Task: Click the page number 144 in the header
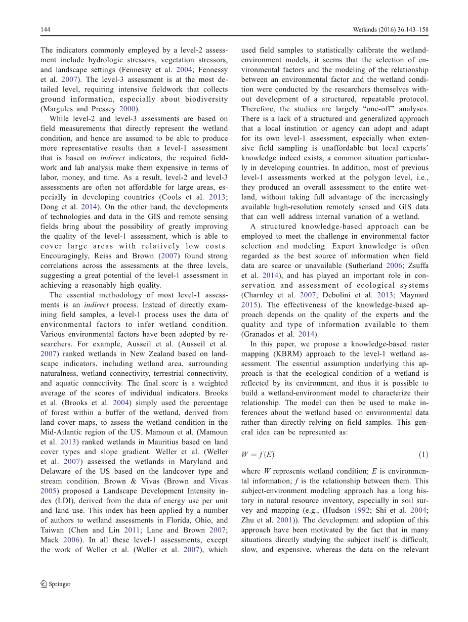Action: pos(45,30)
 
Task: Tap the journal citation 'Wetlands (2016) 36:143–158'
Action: pos(391,30)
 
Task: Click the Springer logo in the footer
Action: pos(56,584)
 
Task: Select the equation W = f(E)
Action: pos(258,454)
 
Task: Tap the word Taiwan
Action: pos(52,530)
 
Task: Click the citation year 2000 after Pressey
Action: pos(127,109)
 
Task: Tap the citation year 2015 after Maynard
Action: pos(250,305)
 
